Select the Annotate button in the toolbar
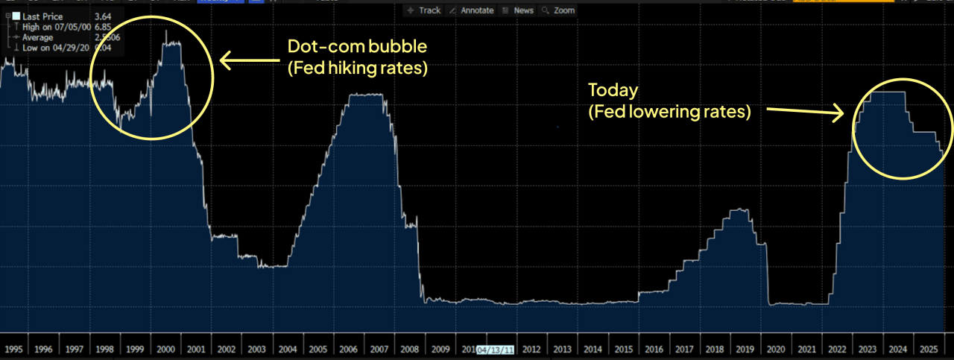pyautogui.click(x=473, y=10)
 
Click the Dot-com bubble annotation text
pyautogui.click(x=358, y=47)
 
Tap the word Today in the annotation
pyautogui.click(x=613, y=90)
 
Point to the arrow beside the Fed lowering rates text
pyautogui.click(x=806, y=112)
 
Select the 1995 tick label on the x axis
pyautogui.click(x=13, y=349)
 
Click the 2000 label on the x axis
pyautogui.click(x=165, y=349)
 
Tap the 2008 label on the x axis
pyautogui.click(x=408, y=349)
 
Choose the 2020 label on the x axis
pyautogui.click(x=774, y=349)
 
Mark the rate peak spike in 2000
pyautogui.click(x=166, y=31)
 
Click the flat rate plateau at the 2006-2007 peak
pyautogui.click(x=365, y=95)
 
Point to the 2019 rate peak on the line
pyautogui.click(x=739, y=209)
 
